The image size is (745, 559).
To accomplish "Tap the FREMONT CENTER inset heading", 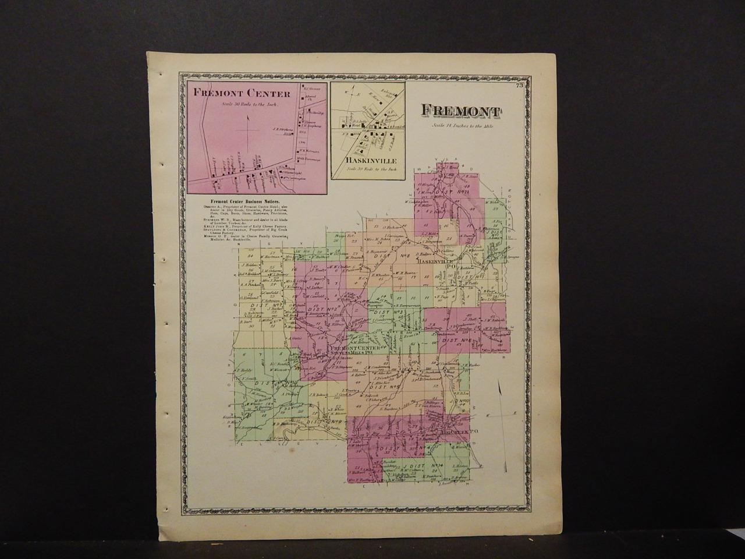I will point(235,93).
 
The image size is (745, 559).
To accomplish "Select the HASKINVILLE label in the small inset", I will point(366,160).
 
